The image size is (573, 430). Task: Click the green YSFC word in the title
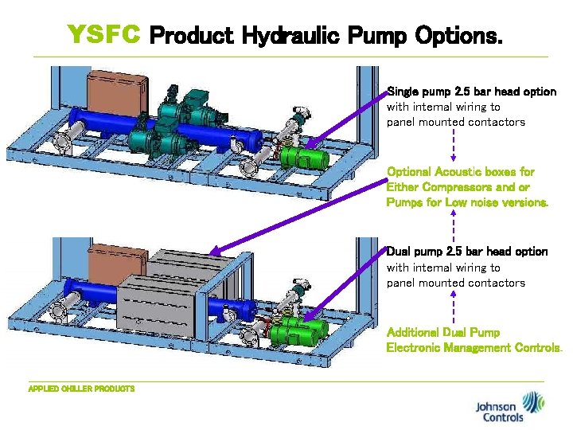coord(104,34)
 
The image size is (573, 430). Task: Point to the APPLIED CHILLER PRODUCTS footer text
coord(81,389)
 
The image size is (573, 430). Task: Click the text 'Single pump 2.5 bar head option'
coord(471,92)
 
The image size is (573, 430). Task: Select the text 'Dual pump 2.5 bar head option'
coord(467,252)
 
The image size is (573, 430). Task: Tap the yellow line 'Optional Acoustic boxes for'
coord(460,172)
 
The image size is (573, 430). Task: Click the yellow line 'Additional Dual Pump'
coord(443,332)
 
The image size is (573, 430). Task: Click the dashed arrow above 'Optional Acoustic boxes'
coord(453,146)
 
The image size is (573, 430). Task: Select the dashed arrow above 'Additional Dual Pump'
coord(453,307)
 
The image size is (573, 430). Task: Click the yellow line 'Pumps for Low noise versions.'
coord(467,203)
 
